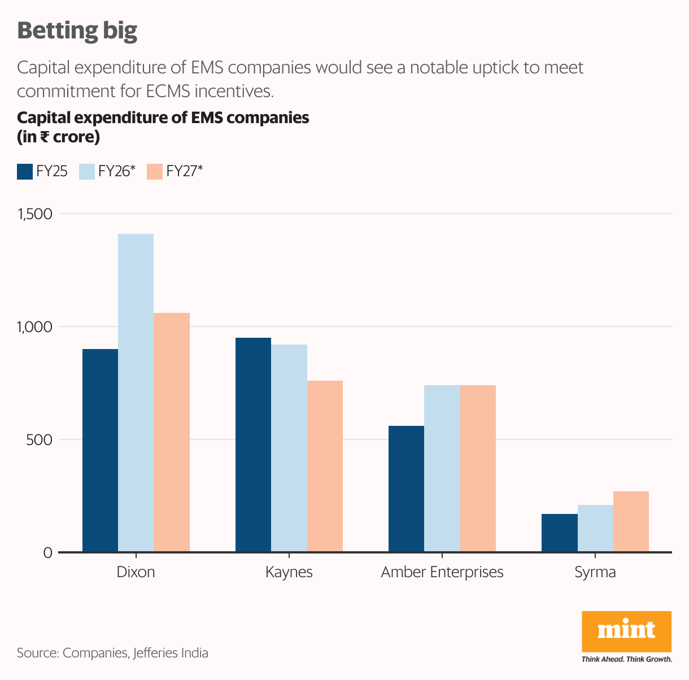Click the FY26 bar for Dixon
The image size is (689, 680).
pyautogui.click(x=136, y=393)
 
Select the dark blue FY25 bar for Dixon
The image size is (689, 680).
pyautogui.click(x=100, y=450)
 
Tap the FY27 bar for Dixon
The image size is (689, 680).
pyautogui.click(x=172, y=432)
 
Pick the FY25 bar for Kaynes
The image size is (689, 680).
pyautogui.click(x=253, y=444)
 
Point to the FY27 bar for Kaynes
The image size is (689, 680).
pyautogui.click(x=325, y=466)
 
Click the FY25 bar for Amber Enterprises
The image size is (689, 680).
pyautogui.click(x=406, y=489)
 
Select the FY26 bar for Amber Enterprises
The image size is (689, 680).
pyautogui.click(x=442, y=468)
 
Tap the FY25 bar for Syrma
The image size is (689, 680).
pyautogui.click(x=559, y=533)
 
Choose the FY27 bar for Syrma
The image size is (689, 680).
pyautogui.click(x=631, y=521)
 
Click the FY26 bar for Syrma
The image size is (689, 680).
pyautogui.click(x=595, y=528)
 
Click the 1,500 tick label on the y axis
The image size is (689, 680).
pyautogui.click(x=35, y=214)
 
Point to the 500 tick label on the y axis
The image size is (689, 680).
pyautogui.click(x=39, y=439)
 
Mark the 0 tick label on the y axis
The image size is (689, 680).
pyautogui.click(x=47, y=553)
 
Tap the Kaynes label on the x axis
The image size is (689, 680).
pyautogui.click(x=289, y=572)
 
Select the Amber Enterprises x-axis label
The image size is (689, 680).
pyautogui.click(x=442, y=572)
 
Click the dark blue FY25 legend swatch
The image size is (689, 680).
pyautogui.click(x=25, y=172)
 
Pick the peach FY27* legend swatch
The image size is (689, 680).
pyautogui.click(x=155, y=172)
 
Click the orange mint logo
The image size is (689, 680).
pyautogui.click(x=626, y=631)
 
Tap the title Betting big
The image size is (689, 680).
pyautogui.click(x=77, y=30)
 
